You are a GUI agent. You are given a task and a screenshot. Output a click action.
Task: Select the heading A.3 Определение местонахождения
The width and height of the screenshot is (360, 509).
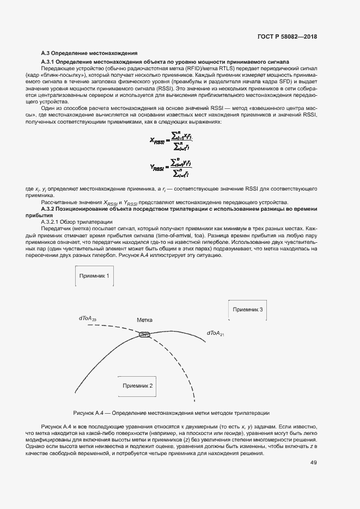[89, 53]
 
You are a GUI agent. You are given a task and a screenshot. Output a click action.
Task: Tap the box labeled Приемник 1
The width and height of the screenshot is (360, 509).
[94, 276]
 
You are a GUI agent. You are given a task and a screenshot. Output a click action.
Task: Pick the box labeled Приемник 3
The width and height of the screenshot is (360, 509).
[248, 309]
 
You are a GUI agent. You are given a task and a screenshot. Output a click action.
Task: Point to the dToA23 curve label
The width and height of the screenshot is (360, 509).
[88, 318]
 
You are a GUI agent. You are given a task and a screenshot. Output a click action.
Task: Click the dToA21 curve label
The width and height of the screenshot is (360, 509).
[216, 333]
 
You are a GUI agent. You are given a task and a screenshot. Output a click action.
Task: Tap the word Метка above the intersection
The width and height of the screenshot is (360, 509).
[144, 321]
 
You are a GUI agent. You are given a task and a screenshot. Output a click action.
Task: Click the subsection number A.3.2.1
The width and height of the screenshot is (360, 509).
[52, 222]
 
